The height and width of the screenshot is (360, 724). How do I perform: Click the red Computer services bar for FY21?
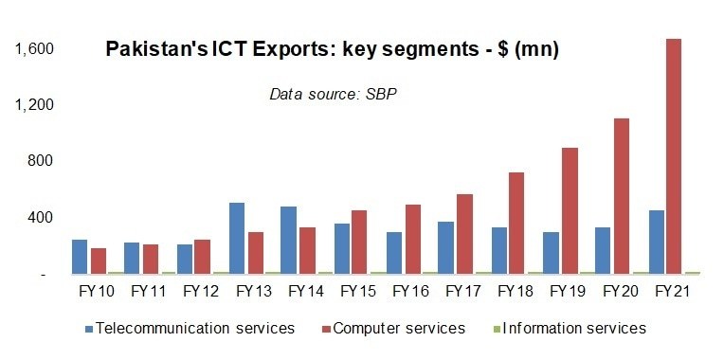[672, 156]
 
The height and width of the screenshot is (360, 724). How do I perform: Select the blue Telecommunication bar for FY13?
[237, 238]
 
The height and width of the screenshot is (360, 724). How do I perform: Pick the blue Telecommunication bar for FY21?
[656, 242]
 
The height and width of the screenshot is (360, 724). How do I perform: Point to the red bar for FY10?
[98, 261]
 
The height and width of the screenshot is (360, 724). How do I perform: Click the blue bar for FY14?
[289, 240]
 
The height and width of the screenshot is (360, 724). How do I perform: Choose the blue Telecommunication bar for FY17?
[445, 247]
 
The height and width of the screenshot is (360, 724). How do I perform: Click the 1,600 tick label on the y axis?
[34, 48]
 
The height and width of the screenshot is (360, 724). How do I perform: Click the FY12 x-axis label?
[202, 292]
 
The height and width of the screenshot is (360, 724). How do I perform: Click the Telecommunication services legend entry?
[190, 328]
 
